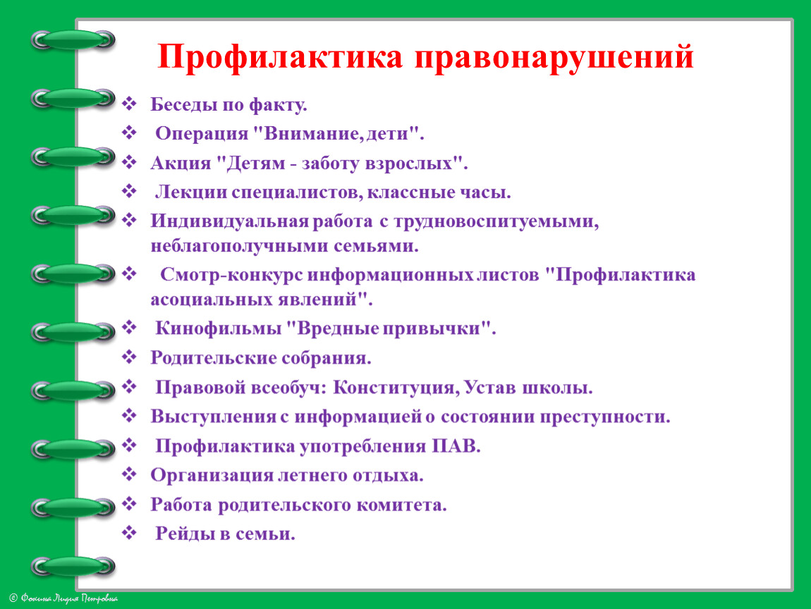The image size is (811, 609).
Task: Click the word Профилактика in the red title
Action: coord(280,58)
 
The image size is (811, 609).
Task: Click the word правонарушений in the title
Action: coord(554,58)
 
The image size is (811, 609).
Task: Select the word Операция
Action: coord(202,134)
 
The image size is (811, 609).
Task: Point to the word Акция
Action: coord(181,164)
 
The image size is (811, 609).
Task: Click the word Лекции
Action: coord(190,193)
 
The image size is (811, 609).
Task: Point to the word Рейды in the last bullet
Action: coord(187,534)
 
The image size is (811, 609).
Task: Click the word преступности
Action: coord(605,417)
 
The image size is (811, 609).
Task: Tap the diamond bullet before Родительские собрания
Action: coord(129,356)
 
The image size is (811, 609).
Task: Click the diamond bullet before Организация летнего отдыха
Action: coord(129,474)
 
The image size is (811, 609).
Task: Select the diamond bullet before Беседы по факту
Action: coord(129,104)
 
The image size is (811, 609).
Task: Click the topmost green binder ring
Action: coord(73,39)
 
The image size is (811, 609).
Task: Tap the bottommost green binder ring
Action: coord(73,567)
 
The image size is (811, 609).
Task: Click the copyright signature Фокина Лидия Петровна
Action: coord(64,598)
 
